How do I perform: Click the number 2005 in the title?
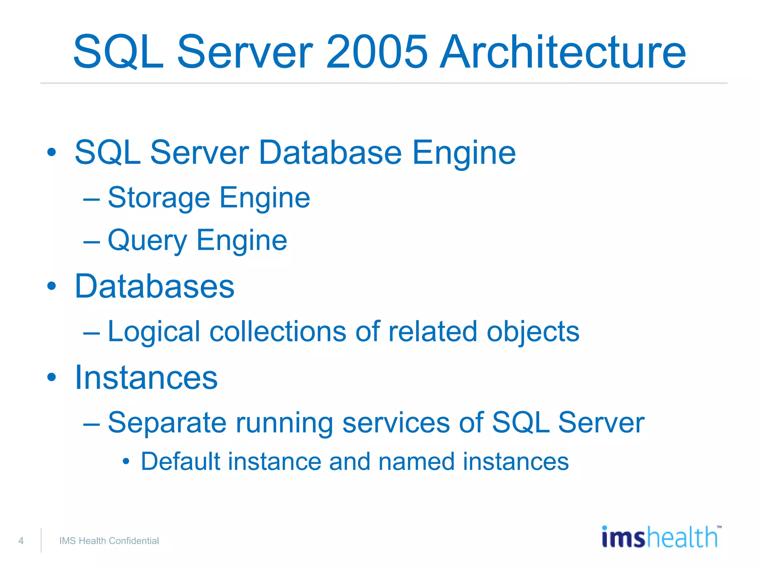pos(377,52)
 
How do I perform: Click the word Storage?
pos(159,198)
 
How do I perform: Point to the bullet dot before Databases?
pos(52,286)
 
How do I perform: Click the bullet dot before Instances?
pos(52,377)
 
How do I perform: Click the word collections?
pos(278,331)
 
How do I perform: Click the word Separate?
pos(167,423)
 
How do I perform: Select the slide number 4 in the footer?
pos(21,541)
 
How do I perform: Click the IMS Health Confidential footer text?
pos(109,541)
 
